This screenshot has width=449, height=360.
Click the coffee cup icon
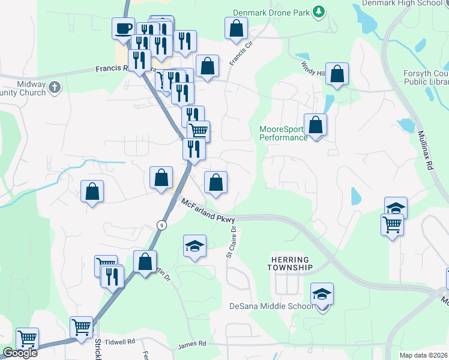[x=123, y=28]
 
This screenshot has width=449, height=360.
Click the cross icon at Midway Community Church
[x=55, y=87]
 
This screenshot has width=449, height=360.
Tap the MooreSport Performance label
[x=283, y=133]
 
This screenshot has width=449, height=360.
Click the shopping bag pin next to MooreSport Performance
[x=315, y=125]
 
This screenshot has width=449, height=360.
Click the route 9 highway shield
[x=161, y=224]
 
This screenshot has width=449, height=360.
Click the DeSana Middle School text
[x=271, y=306]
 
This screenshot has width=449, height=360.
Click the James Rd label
[x=192, y=344]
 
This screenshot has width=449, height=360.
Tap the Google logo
[x=20, y=353]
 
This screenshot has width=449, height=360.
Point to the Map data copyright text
[x=424, y=355]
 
